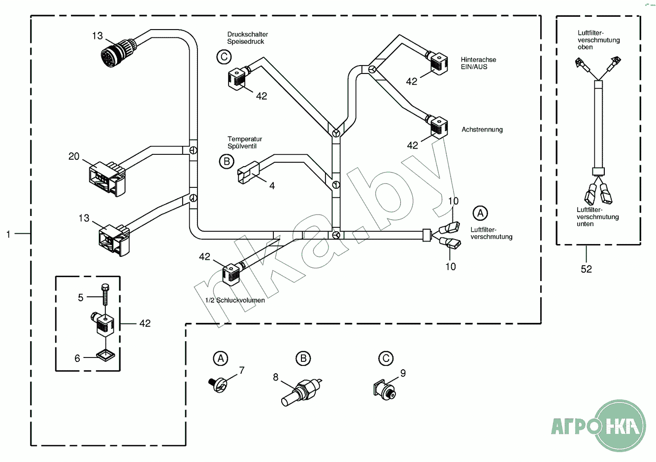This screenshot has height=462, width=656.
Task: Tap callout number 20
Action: coord(74,156)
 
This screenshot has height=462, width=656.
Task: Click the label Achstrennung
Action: coord(482,130)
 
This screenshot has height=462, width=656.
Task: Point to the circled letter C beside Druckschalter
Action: coord(224,57)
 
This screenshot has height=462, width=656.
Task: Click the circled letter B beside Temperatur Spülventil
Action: coord(227,161)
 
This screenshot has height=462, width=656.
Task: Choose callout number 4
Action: coord(272,186)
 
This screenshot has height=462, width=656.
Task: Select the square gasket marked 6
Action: coord(104,355)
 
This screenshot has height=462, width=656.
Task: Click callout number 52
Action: coord(586,269)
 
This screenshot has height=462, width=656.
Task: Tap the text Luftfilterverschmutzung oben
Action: coord(598,40)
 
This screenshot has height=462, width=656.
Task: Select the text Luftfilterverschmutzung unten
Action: coord(597,217)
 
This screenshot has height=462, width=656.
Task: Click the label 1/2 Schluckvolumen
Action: coord(235,300)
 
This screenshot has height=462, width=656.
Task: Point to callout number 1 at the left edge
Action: coord(8,234)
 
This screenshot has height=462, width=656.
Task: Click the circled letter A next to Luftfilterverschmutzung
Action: coord(480,213)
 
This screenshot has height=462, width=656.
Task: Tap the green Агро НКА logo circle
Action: coord(620,425)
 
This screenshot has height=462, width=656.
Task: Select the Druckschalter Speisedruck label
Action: coord(247,38)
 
